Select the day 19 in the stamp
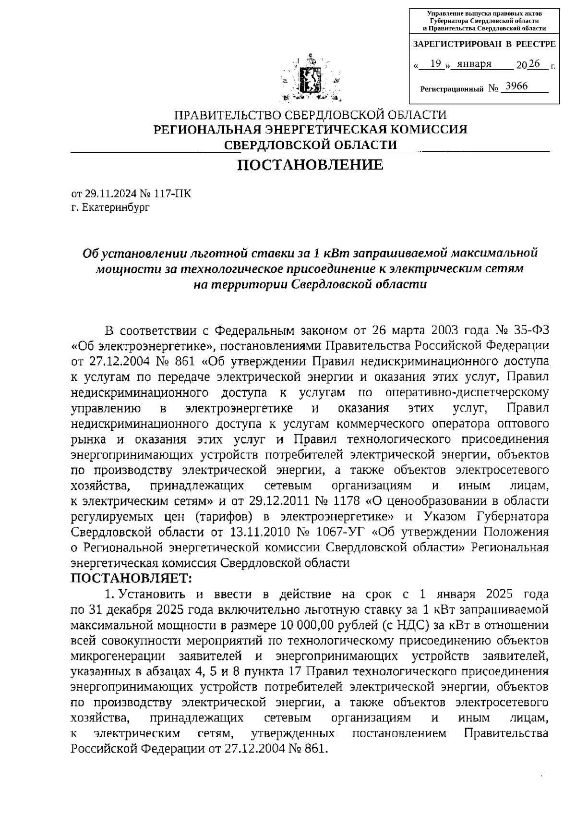tap(436, 64)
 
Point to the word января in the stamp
tap(474, 64)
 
